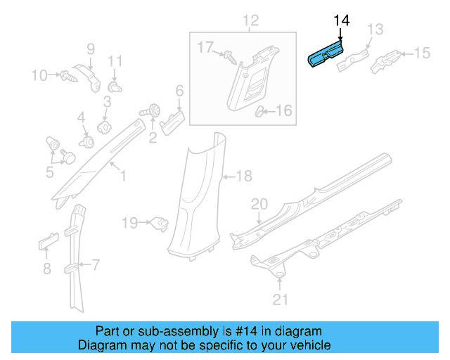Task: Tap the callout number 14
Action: click(x=341, y=20)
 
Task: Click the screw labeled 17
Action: click(x=229, y=56)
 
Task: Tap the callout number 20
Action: click(x=259, y=204)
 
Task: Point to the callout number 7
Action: click(x=96, y=265)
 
